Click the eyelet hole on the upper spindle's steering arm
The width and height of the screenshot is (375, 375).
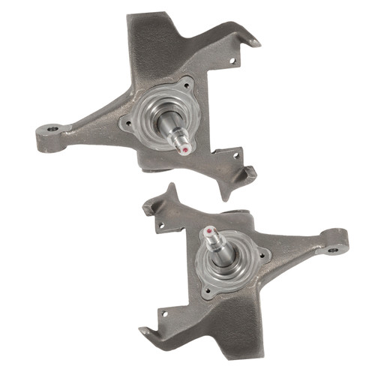click(52, 129)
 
